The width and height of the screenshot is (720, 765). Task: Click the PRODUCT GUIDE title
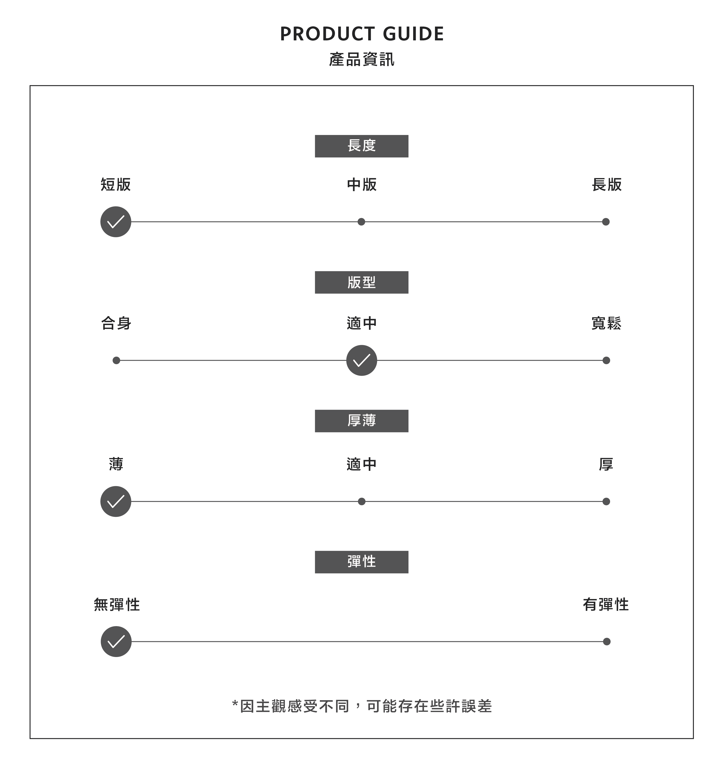pyautogui.click(x=362, y=34)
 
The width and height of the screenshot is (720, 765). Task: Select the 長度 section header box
pyautogui.click(x=361, y=146)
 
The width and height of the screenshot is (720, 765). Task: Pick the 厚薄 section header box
pyautogui.click(x=361, y=421)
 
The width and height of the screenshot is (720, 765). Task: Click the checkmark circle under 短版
pyautogui.click(x=116, y=222)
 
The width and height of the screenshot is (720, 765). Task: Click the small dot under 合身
pyautogui.click(x=116, y=360)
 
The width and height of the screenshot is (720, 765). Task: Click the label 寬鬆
pyautogui.click(x=606, y=323)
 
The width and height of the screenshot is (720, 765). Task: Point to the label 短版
pyautogui.click(x=116, y=184)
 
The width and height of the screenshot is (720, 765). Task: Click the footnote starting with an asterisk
pyautogui.click(x=362, y=706)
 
